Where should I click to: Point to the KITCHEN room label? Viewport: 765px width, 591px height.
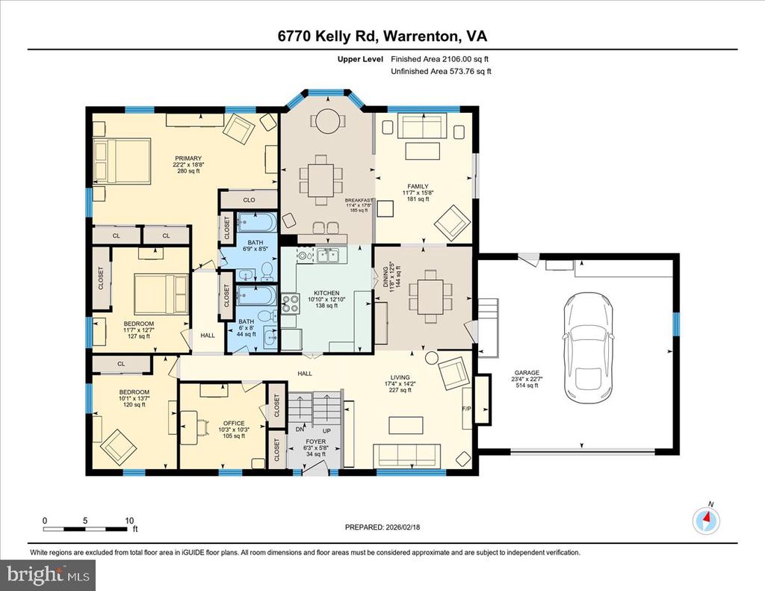click(x=326, y=293)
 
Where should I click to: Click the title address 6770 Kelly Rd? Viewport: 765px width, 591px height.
click(x=382, y=37)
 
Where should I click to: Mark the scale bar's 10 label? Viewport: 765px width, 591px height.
click(x=128, y=520)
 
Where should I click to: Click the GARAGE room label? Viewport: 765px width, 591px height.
click(x=526, y=372)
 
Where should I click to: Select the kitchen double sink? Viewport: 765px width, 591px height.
click(x=327, y=256)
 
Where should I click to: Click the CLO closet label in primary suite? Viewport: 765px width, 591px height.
click(x=250, y=200)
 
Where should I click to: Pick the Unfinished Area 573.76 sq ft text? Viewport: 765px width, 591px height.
click(x=441, y=71)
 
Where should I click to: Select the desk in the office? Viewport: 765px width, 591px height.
click(x=214, y=389)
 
